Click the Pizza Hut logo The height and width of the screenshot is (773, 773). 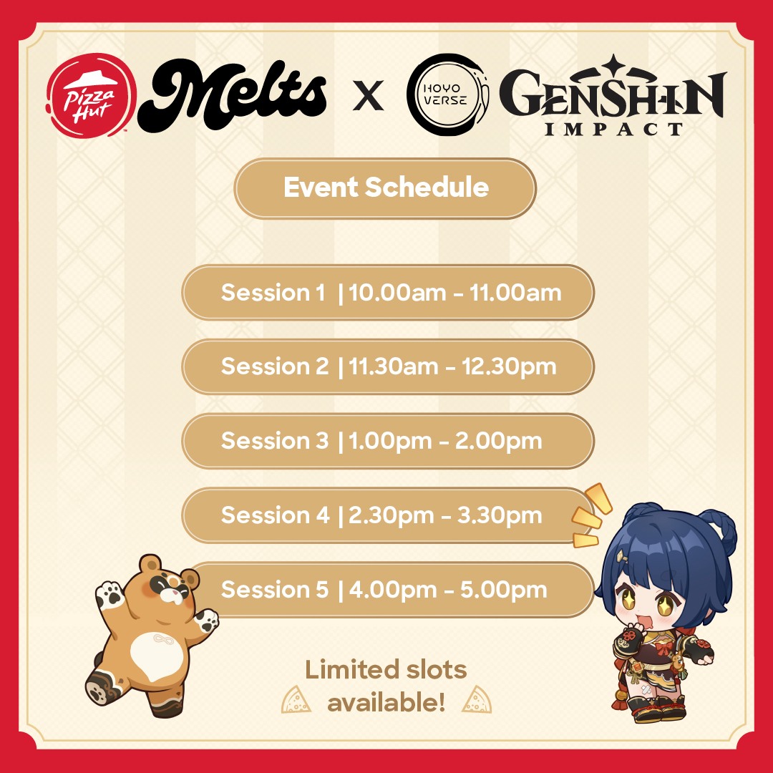91,96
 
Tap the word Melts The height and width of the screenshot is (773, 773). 233,95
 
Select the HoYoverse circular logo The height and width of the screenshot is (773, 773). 447,94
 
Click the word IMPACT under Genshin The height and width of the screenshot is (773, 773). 614,129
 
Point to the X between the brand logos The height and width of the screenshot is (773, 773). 369,96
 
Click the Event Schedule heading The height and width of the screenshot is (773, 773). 386,188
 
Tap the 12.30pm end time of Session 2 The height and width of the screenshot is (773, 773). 509,367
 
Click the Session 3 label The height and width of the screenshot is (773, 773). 275,441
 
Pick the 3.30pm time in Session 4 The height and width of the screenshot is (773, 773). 500,516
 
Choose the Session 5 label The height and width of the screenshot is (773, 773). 275,590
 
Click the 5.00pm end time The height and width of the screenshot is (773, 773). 503,590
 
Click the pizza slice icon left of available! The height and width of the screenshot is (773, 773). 296,699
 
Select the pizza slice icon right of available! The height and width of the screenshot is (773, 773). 477,699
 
